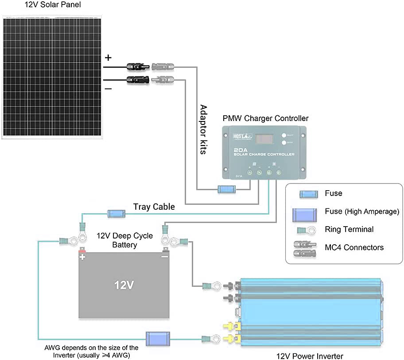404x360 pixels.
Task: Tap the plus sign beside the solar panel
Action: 108,58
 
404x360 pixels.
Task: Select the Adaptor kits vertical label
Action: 203,129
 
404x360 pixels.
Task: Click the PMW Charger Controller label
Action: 265,118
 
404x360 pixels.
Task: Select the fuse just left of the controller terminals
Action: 227,190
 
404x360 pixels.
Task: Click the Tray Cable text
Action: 154,207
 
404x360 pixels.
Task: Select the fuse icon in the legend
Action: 308,194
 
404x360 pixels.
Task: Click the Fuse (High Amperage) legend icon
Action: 305,215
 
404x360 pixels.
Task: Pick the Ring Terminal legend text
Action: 349,229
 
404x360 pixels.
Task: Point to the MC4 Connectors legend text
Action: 354,247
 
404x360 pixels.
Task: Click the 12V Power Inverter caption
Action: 310,356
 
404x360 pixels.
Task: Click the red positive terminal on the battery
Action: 82,251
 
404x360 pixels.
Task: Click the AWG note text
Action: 91,351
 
